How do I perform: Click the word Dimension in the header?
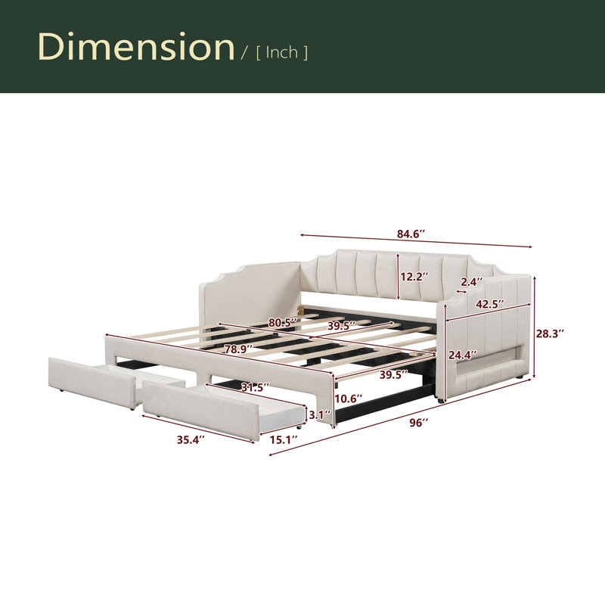(x=136, y=47)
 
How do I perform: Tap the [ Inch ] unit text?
(x=282, y=52)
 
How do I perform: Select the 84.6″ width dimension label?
(x=411, y=234)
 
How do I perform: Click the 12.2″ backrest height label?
(x=414, y=277)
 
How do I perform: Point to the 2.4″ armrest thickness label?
(x=472, y=282)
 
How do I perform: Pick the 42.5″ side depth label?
(x=489, y=304)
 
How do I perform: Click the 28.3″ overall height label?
(x=550, y=334)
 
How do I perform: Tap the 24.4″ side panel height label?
(x=462, y=355)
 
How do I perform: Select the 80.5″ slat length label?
(x=283, y=323)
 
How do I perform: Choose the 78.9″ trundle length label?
(x=239, y=349)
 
